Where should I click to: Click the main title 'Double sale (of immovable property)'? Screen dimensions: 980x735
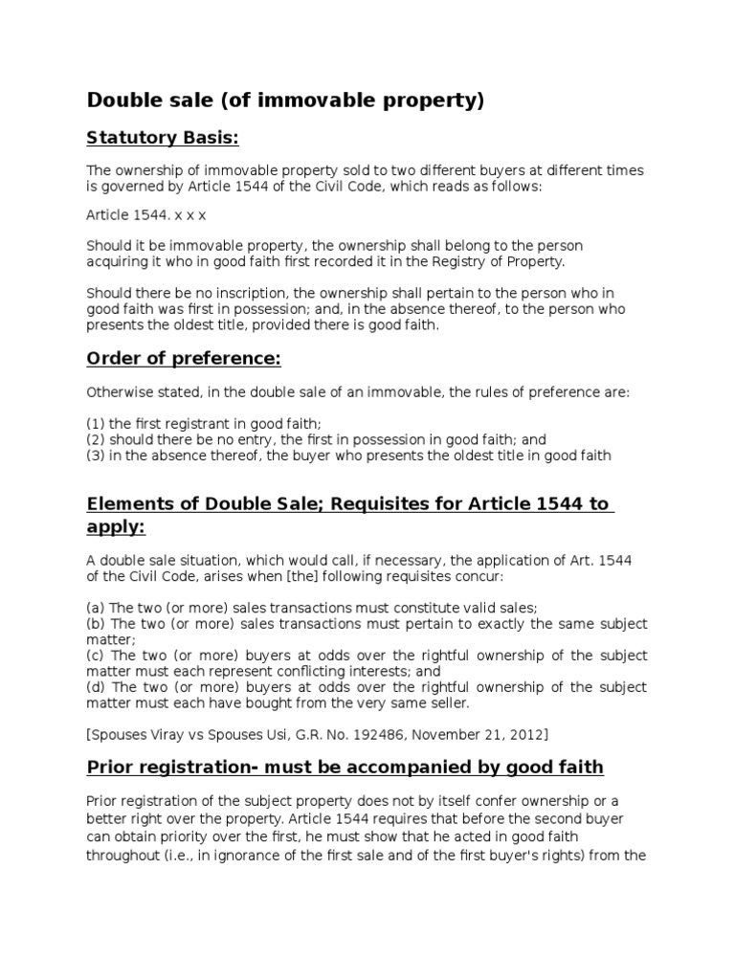[x=286, y=100]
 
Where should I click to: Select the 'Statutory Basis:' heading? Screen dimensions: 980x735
[x=162, y=139]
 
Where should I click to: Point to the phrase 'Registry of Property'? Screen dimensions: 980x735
[x=500, y=260]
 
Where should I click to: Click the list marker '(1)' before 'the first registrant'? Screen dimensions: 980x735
[x=96, y=424]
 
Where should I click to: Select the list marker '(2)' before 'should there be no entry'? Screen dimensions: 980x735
[x=96, y=440]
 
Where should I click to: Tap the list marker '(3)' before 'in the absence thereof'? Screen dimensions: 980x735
[x=96, y=456]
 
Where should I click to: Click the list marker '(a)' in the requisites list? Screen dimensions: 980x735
[x=96, y=608]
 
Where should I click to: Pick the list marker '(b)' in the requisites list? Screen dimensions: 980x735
[x=96, y=624]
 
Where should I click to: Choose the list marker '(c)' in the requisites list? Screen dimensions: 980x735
[x=96, y=656]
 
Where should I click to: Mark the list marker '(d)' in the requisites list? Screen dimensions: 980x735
[x=96, y=687]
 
